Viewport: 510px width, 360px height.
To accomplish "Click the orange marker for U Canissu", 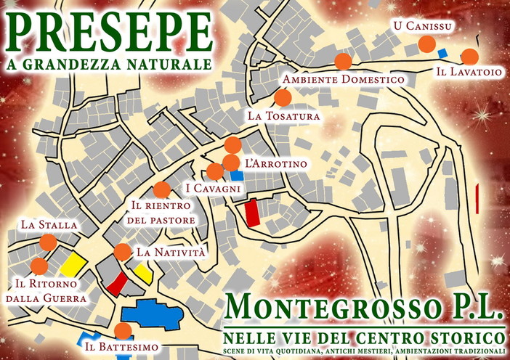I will pyautogui.click(x=427, y=45).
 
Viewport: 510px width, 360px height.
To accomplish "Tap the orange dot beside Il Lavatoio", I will pyautogui.click(x=469, y=57).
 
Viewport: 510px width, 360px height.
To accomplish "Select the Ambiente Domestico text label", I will pyautogui.click(x=343, y=79).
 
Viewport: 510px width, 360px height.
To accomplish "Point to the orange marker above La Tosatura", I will pyautogui.click(x=283, y=97).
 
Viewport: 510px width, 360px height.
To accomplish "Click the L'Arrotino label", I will pyautogui.click(x=276, y=165).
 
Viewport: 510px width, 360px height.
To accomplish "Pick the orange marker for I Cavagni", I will pyautogui.click(x=215, y=171).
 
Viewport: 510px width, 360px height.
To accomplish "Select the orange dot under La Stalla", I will pyautogui.click(x=48, y=242).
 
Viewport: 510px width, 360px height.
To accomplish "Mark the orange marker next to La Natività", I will pyautogui.click(x=122, y=252).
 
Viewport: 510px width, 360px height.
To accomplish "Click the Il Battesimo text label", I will pyautogui.click(x=121, y=348).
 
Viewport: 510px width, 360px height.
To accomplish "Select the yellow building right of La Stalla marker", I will pyautogui.click(x=73, y=263).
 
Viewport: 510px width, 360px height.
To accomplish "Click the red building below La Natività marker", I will pyautogui.click(x=117, y=284).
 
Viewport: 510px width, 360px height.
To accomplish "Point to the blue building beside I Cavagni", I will pyautogui.click(x=236, y=175).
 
